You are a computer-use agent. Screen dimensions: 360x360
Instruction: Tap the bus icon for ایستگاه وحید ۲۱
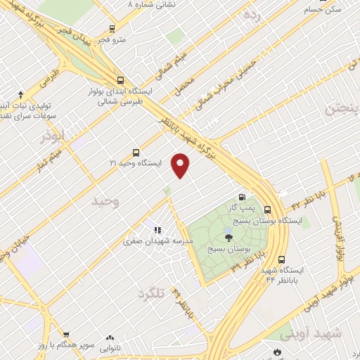(136, 152)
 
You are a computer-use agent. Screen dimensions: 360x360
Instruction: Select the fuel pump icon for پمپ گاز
(242, 198)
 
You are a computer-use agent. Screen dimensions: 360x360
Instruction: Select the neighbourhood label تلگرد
(150, 292)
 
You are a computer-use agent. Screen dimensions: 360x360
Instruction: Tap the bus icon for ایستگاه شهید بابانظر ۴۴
(281, 259)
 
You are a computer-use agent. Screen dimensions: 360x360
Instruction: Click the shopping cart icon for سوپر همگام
(66, 335)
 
